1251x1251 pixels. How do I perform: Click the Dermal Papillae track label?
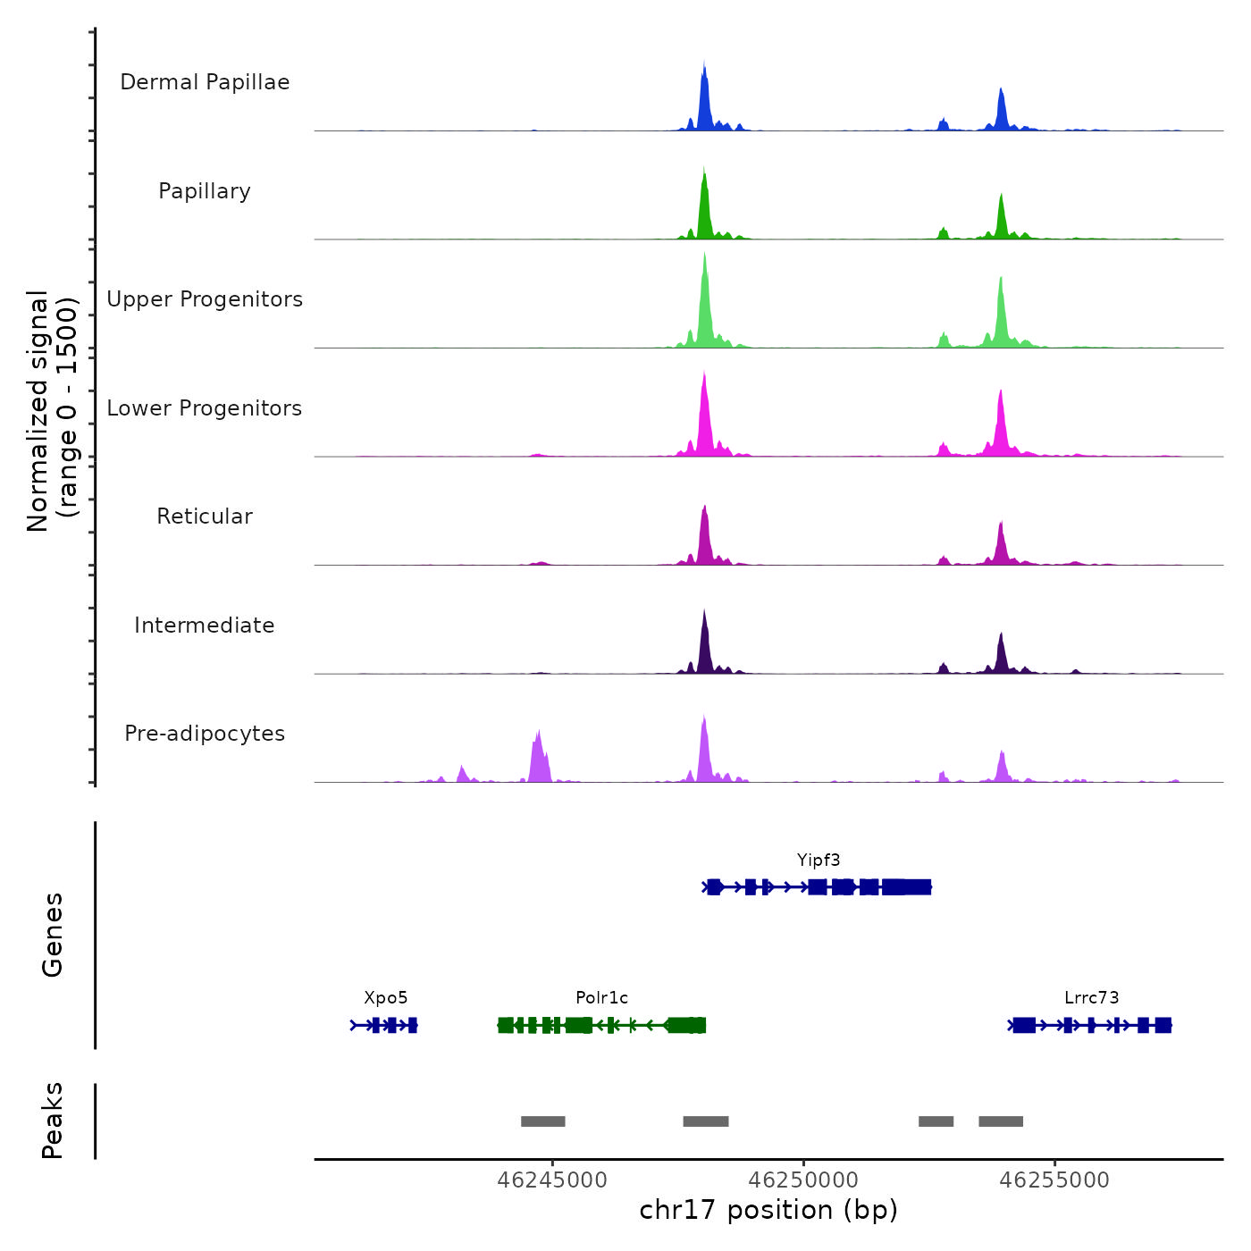(205, 82)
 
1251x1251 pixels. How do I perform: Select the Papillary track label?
(205, 191)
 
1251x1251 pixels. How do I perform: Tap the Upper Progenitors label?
(205, 299)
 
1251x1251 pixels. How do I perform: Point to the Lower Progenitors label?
(205, 408)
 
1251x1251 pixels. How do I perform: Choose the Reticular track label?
(205, 516)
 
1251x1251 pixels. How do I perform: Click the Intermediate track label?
(205, 625)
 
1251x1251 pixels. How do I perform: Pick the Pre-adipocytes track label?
(205, 734)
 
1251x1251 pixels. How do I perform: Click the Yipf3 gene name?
(819, 861)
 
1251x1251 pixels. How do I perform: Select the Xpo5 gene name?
(385, 998)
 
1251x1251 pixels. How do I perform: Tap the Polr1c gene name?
(601, 998)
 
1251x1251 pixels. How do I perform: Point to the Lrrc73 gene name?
(1091, 998)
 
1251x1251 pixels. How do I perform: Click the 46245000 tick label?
(552, 1180)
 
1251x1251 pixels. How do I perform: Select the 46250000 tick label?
(803, 1180)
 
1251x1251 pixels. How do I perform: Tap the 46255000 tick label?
(1054, 1180)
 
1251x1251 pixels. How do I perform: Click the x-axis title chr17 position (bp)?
(768, 1210)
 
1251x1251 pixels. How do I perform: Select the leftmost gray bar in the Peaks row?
(543, 1121)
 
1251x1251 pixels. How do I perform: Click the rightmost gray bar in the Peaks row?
(1001, 1121)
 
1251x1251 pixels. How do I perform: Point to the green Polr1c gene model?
(601, 1025)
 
